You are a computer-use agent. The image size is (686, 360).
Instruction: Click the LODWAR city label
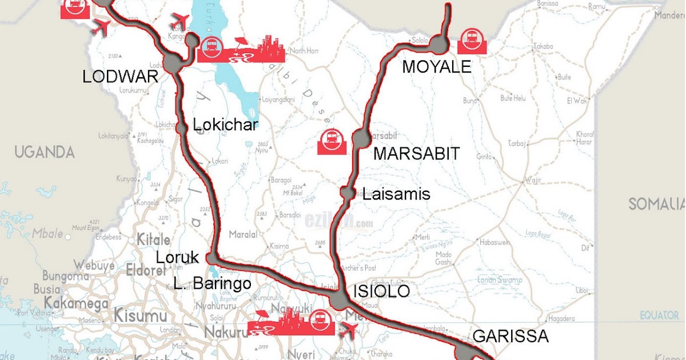pos(120,77)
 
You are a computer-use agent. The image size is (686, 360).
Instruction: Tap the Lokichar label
pos(226,125)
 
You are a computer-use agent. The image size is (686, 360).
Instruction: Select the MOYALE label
pos(437,67)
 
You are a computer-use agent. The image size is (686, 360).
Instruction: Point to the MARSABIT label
pos(416,153)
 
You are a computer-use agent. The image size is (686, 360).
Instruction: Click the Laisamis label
pos(396,194)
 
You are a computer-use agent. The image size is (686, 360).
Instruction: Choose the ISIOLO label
pos(382,291)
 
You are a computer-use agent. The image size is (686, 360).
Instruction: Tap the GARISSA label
pos(511,336)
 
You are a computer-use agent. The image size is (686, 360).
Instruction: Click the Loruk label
pos(177,258)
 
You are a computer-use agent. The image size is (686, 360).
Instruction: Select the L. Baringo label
pos(213,283)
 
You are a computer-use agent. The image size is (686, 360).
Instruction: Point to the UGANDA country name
pos(45,152)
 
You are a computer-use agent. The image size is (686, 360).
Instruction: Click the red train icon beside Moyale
pos(472,41)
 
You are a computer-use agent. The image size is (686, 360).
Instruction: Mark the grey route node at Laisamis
pos(347,193)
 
